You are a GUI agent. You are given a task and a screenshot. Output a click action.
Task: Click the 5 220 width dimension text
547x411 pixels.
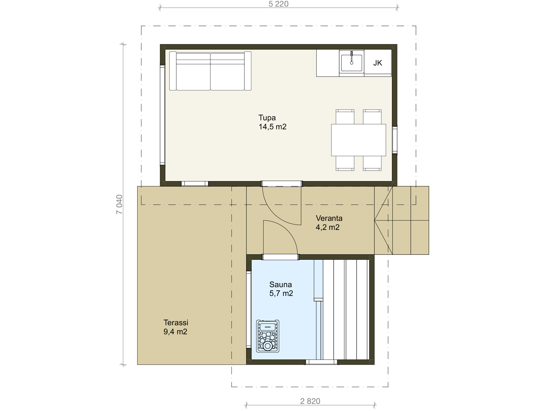pos(278,4)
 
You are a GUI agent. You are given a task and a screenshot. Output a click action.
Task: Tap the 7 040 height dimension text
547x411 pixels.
pos(120,204)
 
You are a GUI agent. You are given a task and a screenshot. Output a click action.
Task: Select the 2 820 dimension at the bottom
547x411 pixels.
pos(310,401)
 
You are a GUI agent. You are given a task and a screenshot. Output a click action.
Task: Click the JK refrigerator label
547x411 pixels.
pos(378,63)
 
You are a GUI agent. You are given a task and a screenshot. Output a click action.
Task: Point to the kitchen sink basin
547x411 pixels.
pos(352,63)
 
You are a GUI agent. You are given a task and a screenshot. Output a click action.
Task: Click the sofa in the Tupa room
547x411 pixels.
pos(210,71)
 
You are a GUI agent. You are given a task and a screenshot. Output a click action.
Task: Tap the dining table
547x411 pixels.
pos(359,140)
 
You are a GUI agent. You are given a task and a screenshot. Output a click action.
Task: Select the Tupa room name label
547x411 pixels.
pos(267,118)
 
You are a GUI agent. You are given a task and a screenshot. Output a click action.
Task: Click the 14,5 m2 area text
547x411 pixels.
pos(272,127)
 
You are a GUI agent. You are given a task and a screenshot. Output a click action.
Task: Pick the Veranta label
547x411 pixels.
pos(329,218)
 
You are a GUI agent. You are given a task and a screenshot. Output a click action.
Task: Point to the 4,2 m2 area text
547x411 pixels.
pos(328,227)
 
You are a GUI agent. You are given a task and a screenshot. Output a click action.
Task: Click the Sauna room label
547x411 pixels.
pos(281,284)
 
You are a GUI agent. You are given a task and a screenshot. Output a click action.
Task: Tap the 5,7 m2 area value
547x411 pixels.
pos(281,293)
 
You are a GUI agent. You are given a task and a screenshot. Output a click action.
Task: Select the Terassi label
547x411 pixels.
pos(176,322)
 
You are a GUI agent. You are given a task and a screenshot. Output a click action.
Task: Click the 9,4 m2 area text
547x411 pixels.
pos(175,332)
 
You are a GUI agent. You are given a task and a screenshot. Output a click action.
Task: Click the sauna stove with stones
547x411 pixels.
pos(268,336)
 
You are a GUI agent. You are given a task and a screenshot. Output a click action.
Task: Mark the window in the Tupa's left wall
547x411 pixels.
pos(162,115)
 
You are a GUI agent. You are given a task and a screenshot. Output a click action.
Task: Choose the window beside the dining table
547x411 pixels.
pos(394,140)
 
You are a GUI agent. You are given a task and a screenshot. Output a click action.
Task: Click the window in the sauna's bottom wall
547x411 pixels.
pos(321,362)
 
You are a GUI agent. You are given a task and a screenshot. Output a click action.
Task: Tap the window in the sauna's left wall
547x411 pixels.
pos(249,310)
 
